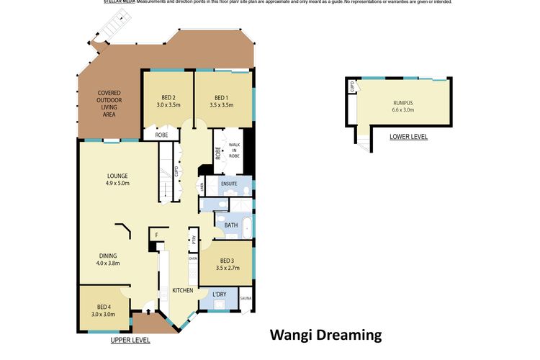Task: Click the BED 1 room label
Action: [223, 102]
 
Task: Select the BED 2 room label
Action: [168, 102]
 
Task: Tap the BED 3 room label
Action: [227, 264]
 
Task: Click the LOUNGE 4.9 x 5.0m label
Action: [117, 179]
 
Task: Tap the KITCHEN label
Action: [181, 291]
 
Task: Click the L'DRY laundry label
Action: [220, 294]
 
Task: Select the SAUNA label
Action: [246, 297]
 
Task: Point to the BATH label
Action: [231, 225]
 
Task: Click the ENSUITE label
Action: [229, 184]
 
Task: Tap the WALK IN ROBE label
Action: [234, 150]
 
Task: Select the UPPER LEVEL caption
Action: [130, 340]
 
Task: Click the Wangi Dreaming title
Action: [325, 335]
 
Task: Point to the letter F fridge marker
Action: [156, 235]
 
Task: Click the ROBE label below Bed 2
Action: [161, 135]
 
